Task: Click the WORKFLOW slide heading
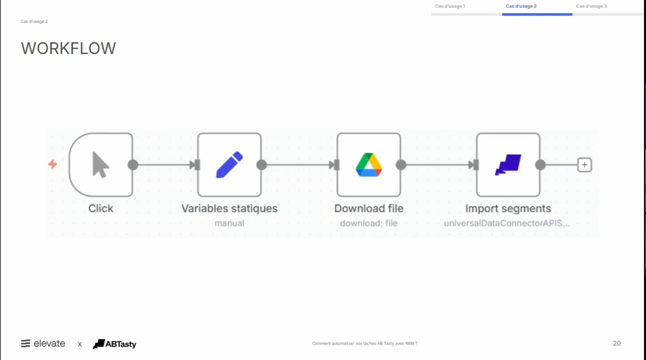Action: coord(68,49)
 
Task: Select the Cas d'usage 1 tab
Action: coord(450,7)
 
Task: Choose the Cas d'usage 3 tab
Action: coord(591,7)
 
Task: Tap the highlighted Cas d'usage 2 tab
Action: coord(521,7)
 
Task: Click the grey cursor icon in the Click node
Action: coord(100,164)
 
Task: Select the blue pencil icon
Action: coord(229,164)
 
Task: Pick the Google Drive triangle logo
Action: coord(369,165)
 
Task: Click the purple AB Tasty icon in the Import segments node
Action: coord(508,165)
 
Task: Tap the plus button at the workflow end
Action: coord(585,165)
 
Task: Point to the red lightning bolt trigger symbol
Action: coord(52,164)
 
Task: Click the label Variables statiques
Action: coord(229,208)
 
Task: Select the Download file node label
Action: coord(369,208)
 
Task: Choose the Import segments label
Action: coord(508,208)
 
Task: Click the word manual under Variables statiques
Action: coord(229,223)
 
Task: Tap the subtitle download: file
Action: coord(369,223)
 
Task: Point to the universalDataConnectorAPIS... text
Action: coord(507,223)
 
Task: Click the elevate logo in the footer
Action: coord(43,343)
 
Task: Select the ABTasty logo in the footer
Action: coord(115,344)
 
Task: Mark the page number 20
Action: coord(617,343)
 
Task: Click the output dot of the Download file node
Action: coord(401,165)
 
